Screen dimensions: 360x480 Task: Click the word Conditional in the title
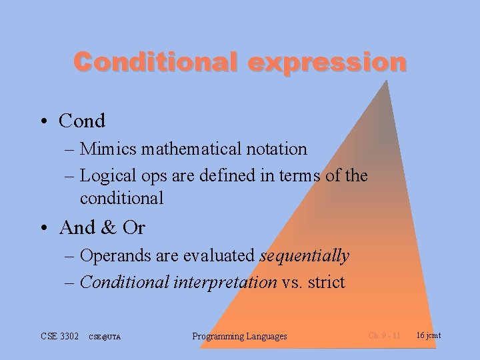click(x=155, y=62)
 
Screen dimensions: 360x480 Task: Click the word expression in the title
click(x=327, y=62)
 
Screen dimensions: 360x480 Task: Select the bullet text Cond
click(x=82, y=121)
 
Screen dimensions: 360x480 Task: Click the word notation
click(x=275, y=149)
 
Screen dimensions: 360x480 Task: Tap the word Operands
click(x=114, y=255)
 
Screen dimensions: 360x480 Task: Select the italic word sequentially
click(x=304, y=255)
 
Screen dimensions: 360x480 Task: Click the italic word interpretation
click(x=224, y=282)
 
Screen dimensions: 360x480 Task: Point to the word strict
click(x=326, y=282)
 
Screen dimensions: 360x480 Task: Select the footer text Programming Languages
click(x=239, y=336)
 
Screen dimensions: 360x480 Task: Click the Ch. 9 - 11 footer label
click(x=384, y=335)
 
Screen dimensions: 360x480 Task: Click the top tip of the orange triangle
click(x=386, y=81)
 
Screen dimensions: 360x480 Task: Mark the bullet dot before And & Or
click(x=43, y=229)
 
